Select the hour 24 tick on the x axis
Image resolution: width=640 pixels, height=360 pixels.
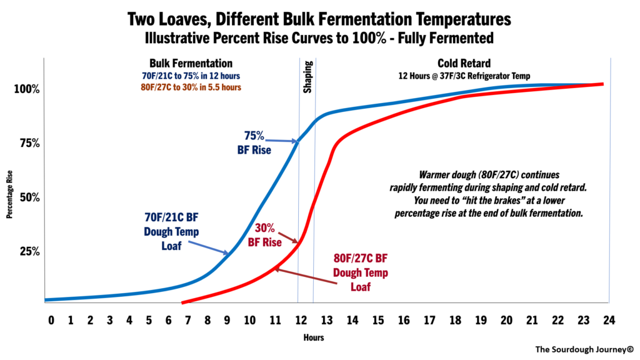(609, 321)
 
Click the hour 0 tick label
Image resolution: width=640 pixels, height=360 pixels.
(51, 321)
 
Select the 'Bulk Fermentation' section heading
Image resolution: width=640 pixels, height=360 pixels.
(191, 64)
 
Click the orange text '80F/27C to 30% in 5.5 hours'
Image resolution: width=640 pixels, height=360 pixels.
(192, 87)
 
